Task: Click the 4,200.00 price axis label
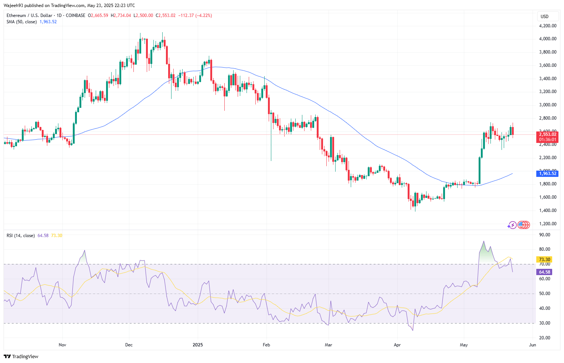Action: coord(548,26)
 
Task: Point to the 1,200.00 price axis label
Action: coord(548,224)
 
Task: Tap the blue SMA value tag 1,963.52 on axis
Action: coord(547,174)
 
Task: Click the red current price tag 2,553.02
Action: coord(547,134)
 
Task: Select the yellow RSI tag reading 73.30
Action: coord(545,260)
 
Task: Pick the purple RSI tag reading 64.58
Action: coord(544,272)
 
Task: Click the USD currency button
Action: coord(544,17)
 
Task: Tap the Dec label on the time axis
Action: coord(129,345)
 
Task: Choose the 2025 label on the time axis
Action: coord(198,345)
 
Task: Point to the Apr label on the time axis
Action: coord(397,345)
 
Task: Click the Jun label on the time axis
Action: coord(533,345)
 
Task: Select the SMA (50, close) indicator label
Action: coord(21,22)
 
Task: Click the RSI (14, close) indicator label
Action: coord(21,236)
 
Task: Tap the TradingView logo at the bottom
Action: coord(21,356)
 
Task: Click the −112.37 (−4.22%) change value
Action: coord(195,16)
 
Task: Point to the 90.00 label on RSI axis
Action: coord(544,235)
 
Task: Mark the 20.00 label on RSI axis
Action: coord(544,338)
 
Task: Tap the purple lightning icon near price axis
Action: coord(512,225)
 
